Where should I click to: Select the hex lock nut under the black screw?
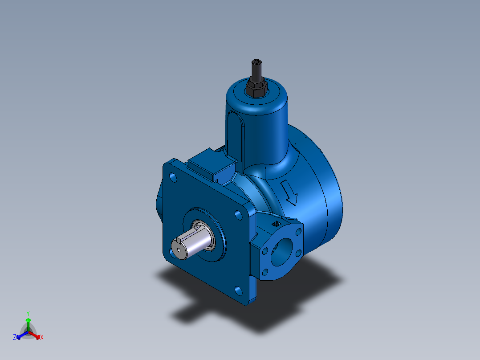[x=256, y=87]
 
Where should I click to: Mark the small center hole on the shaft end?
[x=179, y=250]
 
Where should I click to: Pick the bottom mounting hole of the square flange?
[x=239, y=290]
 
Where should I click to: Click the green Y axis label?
[x=28, y=313]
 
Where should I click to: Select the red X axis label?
[x=42, y=338]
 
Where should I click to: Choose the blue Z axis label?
[x=15, y=337]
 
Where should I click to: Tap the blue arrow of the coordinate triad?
[x=20, y=335]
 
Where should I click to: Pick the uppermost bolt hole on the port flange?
[x=298, y=231]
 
